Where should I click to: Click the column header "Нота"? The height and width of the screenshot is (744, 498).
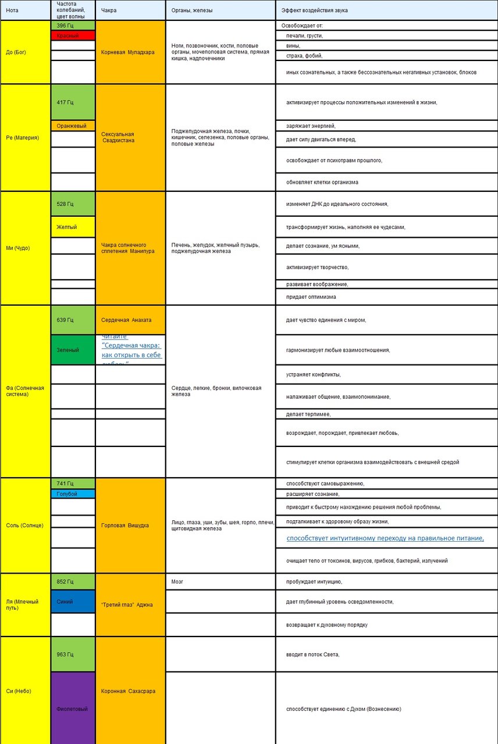12,10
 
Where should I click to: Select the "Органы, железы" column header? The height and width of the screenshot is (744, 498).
191,10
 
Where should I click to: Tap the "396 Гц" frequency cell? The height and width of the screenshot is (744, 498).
65,26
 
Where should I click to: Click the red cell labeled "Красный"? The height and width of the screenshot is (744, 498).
67,35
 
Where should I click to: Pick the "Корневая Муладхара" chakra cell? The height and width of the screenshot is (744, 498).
127,52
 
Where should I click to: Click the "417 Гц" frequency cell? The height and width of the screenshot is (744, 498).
65,102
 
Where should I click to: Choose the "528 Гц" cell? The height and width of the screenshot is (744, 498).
65,204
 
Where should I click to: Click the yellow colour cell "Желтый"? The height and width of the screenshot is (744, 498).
67,227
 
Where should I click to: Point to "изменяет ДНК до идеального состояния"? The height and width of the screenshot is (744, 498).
337,204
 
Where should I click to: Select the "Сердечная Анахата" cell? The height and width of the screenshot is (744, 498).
126,320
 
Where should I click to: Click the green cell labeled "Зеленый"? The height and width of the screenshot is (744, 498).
67,350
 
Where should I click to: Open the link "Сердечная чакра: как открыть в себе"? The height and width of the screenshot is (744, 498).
131,350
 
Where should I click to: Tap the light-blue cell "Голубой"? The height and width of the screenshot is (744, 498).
67,494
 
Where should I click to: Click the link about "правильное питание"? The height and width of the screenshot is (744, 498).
385,538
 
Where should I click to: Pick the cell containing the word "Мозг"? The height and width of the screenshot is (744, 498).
178,581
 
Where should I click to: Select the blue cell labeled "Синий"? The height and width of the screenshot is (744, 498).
65,602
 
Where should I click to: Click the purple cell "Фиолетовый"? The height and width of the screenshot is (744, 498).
72,709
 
